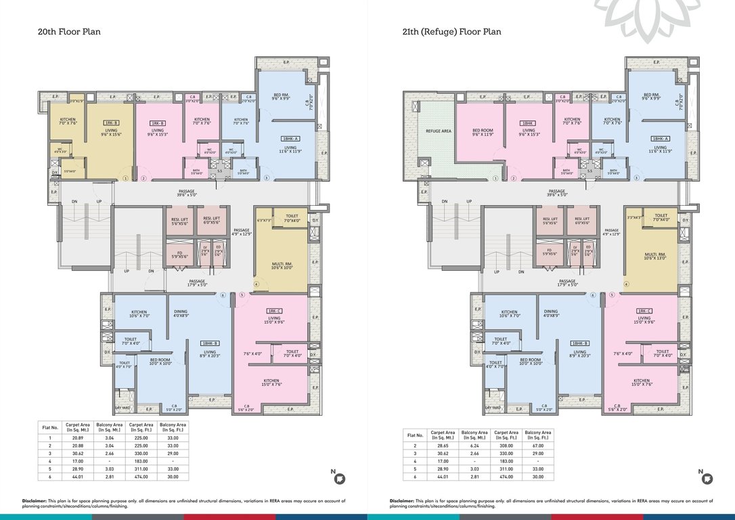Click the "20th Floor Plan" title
tap(69, 31)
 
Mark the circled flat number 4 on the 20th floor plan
tap(257, 284)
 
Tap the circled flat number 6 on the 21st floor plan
tap(593, 295)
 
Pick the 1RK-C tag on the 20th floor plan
tap(274, 311)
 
